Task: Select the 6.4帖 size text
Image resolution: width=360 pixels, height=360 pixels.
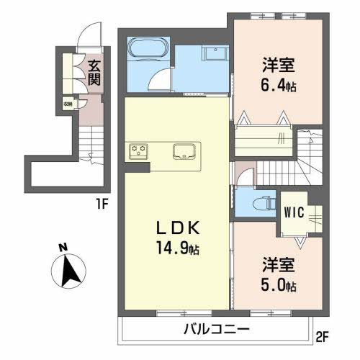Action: pyautogui.click(x=278, y=86)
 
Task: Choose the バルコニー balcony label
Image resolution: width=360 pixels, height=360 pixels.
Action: pyautogui.click(x=215, y=330)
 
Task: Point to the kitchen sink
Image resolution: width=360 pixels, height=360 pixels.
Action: pyautogui.click(x=184, y=152)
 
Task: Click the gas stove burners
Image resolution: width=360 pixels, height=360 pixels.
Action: pyautogui.click(x=138, y=151)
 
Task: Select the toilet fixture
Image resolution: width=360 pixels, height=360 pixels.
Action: pyautogui.click(x=260, y=199)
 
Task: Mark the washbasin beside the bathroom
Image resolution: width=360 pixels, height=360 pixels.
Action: pyautogui.click(x=214, y=53)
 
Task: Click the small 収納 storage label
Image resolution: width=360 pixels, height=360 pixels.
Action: pyautogui.click(x=68, y=104)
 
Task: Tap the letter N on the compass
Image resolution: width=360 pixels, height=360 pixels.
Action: pyautogui.click(x=63, y=248)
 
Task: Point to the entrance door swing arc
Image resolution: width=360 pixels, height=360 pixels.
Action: pyautogui.click(x=88, y=38)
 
